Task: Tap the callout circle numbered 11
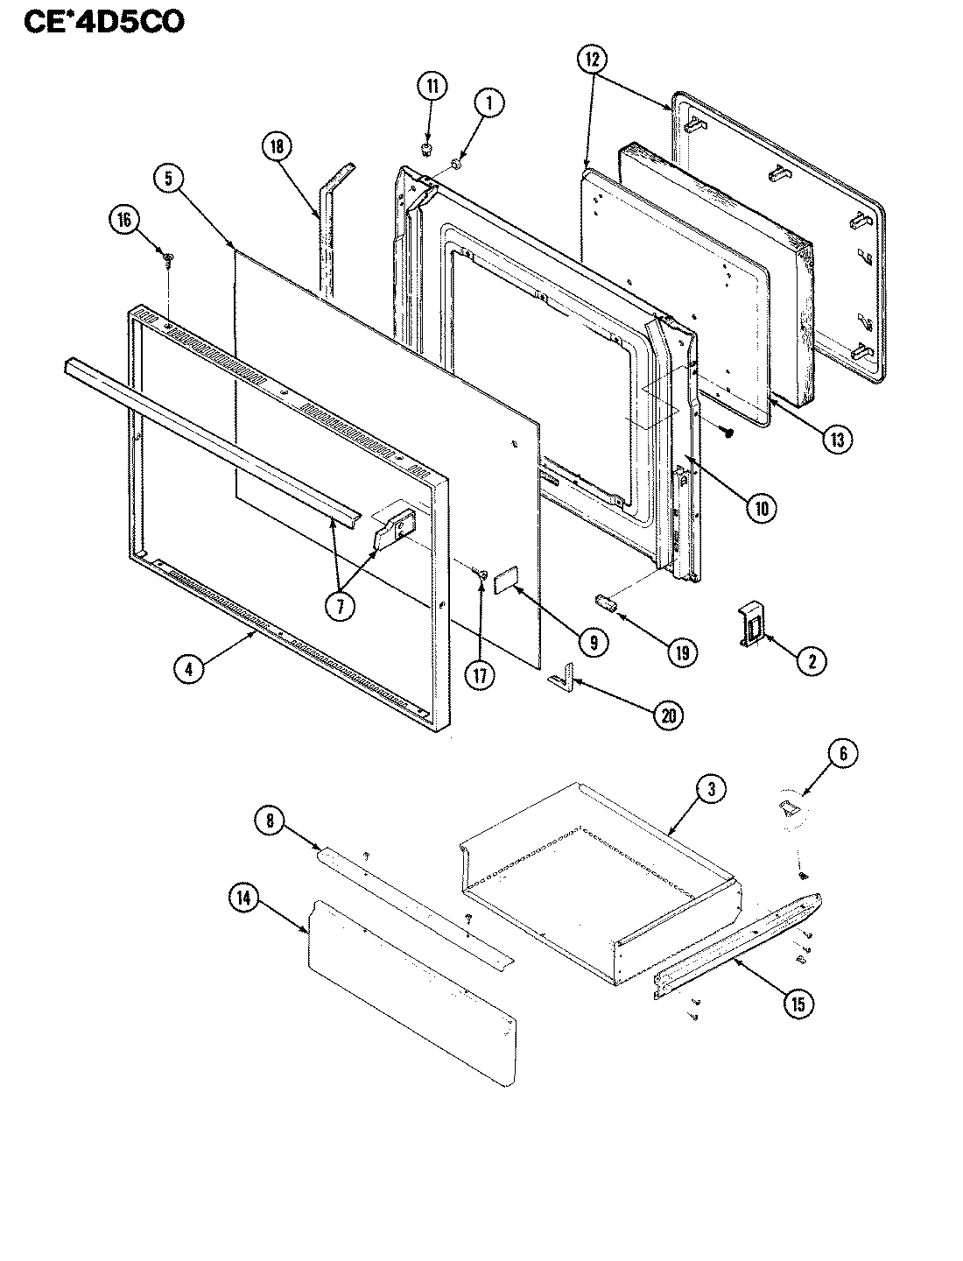pyautogui.click(x=431, y=87)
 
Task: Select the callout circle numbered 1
pyautogui.click(x=489, y=104)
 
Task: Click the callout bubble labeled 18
pyautogui.click(x=277, y=147)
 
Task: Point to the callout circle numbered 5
pyautogui.click(x=168, y=179)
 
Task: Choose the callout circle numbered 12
pyautogui.click(x=591, y=60)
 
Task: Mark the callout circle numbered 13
pyautogui.click(x=835, y=440)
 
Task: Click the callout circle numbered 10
pyautogui.click(x=762, y=508)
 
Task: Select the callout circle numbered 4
pyautogui.click(x=188, y=669)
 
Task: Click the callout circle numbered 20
pyautogui.click(x=668, y=715)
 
